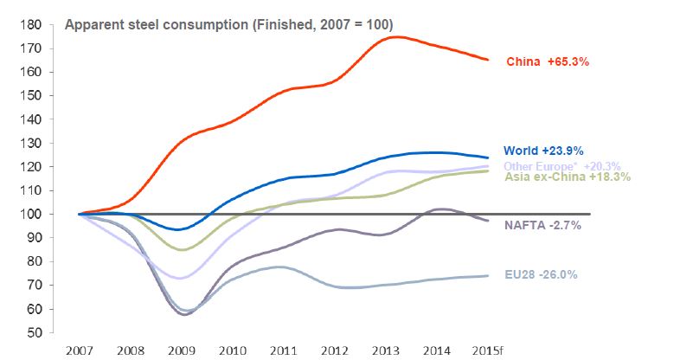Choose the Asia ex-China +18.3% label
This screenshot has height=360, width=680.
[x=567, y=177]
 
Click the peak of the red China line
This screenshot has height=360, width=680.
[x=395, y=36]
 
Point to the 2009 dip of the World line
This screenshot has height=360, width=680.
[x=179, y=229]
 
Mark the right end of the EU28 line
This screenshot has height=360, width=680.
[x=489, y=275]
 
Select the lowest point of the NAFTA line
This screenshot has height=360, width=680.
[x=184, y=314]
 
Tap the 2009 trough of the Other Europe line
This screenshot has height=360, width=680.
[x=180, y=279]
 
